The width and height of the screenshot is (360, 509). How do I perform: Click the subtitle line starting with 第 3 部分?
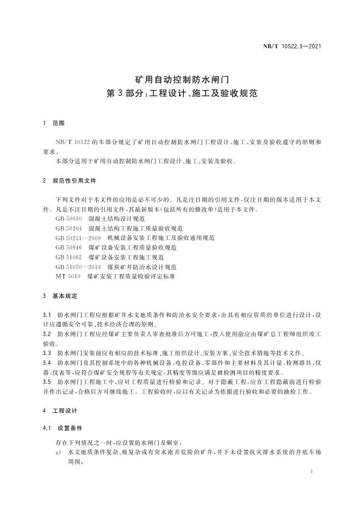tap(179, 94)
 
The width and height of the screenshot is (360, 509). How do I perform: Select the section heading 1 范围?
tap(54, 124)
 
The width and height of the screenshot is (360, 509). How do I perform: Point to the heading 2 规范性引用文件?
tap(69, 180)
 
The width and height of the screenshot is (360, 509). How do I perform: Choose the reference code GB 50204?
tap(68, 228)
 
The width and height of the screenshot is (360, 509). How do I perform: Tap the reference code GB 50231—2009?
tap(78, 238)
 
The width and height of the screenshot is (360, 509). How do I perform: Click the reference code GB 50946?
tap(68, 247)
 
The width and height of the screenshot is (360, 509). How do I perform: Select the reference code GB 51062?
tap(68, 257)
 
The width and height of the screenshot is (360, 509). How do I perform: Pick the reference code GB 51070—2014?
tap(78, 267)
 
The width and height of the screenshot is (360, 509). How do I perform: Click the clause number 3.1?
tap(46, 315)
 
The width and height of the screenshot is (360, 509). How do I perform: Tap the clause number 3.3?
tap(46, 353)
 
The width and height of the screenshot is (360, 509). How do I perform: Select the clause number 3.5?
tap(46, 382)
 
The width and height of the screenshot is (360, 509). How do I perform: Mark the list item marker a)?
tap(58, 452)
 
